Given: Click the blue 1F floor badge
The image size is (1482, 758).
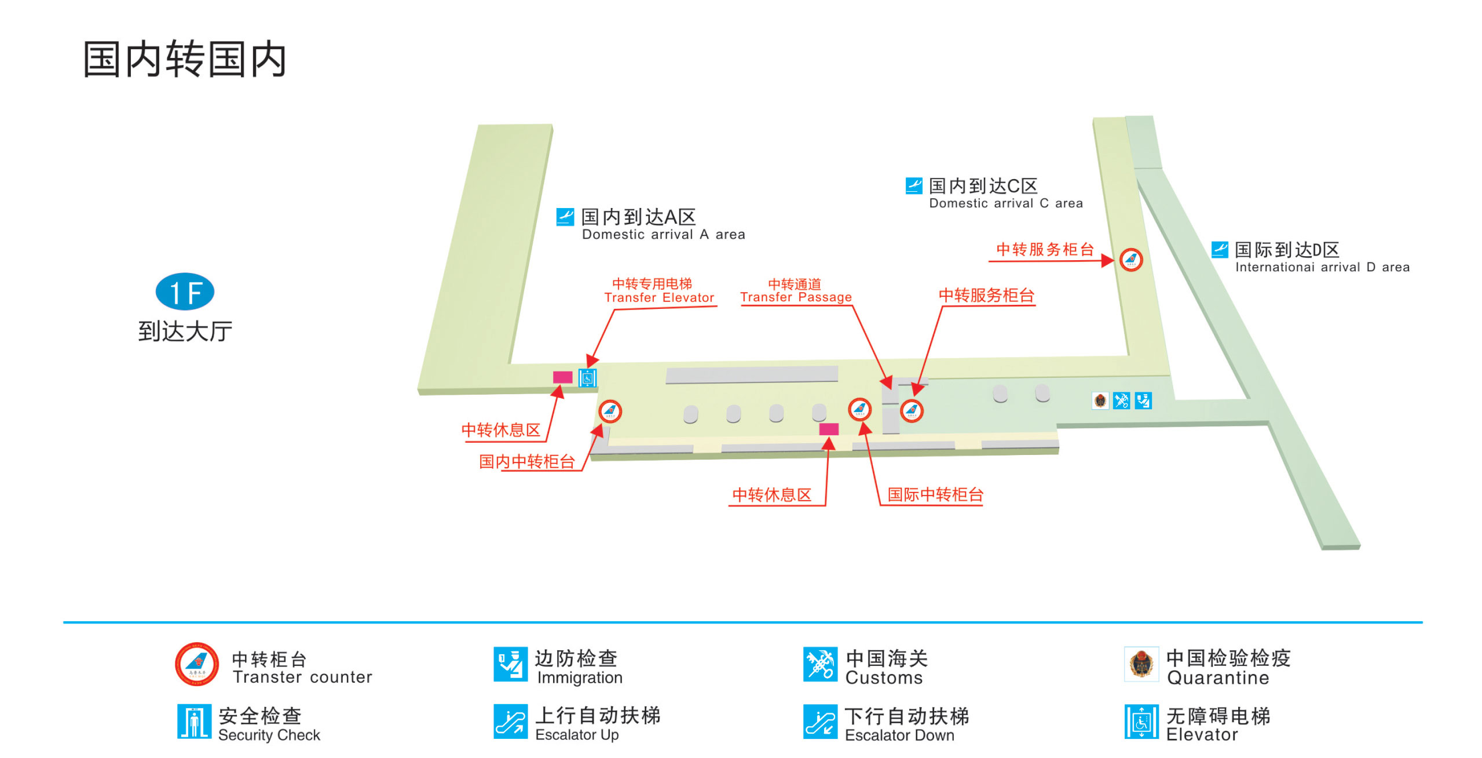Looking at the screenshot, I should point(185,291).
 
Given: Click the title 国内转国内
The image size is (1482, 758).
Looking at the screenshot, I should point(185,59).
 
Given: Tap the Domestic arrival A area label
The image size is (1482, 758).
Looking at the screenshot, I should point(652,224).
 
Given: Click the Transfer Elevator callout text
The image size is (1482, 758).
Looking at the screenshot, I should point(659,290).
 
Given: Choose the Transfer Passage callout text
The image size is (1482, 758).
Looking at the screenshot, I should point(796,290).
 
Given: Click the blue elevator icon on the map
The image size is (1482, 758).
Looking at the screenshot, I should point(587,378).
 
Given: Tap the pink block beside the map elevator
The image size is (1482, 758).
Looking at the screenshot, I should point(562,377).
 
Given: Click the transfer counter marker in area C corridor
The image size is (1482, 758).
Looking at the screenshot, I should point(1130,259).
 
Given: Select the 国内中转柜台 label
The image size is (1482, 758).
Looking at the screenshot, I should point(526,461).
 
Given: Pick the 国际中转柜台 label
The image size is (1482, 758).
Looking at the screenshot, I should point(935,494).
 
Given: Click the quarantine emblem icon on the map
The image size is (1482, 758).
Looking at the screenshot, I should point(1100,400).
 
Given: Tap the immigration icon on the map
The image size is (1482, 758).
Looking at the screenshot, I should point(1143,400).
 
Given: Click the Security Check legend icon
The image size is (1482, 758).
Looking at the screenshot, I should point(194,721).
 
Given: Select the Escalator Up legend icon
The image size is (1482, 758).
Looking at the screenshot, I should point(510,721).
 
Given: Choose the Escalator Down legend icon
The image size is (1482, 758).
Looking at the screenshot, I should point(820,722).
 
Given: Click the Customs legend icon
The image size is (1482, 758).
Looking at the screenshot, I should point(820,664).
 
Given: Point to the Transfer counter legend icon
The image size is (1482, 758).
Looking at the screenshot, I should point(197,664).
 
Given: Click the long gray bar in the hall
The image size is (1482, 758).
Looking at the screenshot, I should point(752,374).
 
